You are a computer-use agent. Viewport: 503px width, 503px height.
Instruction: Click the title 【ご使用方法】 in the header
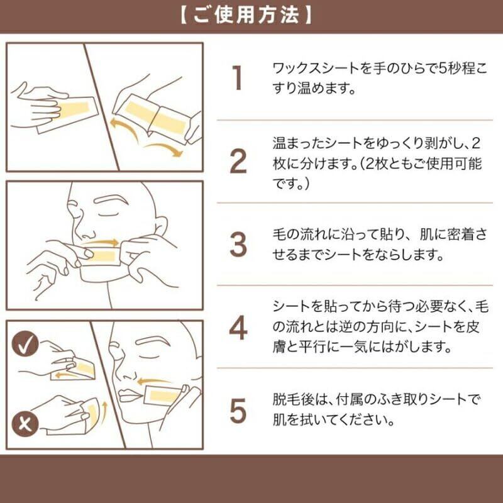(246, 15)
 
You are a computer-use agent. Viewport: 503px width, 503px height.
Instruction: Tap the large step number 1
(237, 77)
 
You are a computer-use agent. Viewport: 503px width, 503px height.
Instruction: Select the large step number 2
(238, 161)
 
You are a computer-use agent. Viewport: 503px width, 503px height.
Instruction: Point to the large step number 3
(238, 245)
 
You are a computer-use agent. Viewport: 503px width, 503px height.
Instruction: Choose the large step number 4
(238, 328)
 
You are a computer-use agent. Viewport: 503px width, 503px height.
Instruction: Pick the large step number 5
(238, 411)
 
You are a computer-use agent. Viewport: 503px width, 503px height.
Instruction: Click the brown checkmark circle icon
(25, 344)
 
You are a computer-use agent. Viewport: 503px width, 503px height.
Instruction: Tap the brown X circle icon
(25, 423)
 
